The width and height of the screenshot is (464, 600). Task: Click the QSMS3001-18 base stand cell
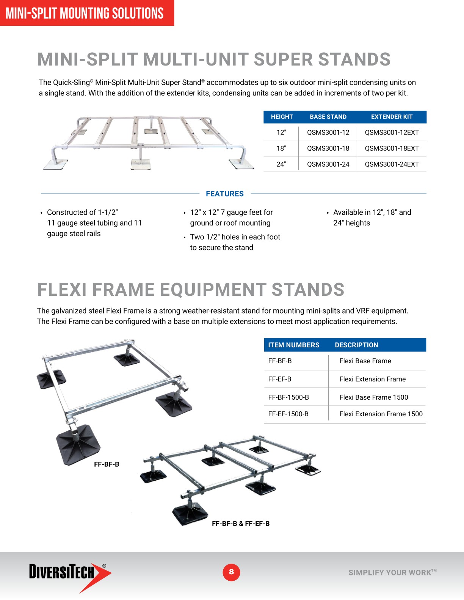click(x=328, y=148)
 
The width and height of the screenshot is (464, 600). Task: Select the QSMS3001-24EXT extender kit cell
click(x=392, y=164)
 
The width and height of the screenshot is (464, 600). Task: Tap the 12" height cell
click(x=281, y=133)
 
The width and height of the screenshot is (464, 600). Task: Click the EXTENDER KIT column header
click(x=392, y=117)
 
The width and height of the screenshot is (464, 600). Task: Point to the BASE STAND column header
click(x=328, y=117)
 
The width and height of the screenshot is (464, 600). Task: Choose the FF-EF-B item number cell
click(x=280, y=379)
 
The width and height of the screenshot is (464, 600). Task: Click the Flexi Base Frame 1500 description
click(x=373, y=397)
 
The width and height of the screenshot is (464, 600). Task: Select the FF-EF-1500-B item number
click(x=288, y=414)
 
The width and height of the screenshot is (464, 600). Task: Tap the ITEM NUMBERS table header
click(x=294, y=345)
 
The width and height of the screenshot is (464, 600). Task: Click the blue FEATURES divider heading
click(x=225, y=194)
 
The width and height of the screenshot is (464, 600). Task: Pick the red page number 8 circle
click(x=231, y=572)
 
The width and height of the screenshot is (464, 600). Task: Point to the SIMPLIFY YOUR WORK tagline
click(x=392, y=573)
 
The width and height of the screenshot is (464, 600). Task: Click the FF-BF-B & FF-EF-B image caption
click(x=241, y=524)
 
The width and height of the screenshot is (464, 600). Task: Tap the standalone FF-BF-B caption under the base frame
click(x=107, y=464)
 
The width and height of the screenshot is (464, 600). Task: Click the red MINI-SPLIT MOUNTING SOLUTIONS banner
click(x=85, y=13)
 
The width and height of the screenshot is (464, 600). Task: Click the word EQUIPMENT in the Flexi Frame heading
click(x=213, y=290)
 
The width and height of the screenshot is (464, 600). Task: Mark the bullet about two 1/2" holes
click(x=235, y=242)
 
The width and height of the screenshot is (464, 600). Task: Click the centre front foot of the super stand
click(x=140, y=164)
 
